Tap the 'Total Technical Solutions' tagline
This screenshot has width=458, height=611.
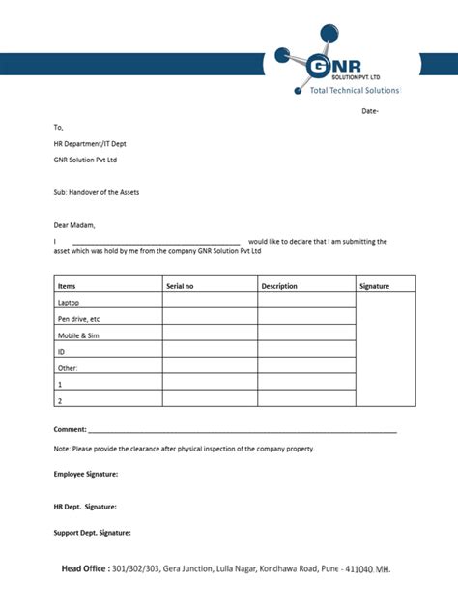(x=354, y=90)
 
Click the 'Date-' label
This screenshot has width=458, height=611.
(x=370, y=111)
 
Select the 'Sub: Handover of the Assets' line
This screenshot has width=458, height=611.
(x=97, y=192)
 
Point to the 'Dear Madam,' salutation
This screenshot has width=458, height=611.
(x=75, y=225)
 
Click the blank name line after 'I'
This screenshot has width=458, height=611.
(x=156, y=242)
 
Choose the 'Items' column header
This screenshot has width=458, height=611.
(x=67, y=286)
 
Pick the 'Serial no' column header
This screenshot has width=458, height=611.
(x=180, y=286)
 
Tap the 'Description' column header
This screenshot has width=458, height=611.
(x=279, y=286)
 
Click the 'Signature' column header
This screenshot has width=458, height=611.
(x=374, y=286)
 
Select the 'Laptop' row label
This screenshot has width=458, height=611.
(x=69, y=303)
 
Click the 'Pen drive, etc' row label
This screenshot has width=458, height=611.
(x=78, y=318)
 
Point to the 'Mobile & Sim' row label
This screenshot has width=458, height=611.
(x=78, y=335)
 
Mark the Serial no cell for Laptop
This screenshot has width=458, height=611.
(x=210, y=303)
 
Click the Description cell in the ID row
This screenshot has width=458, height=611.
(x=306, y=351)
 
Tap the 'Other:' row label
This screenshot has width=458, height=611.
(x=68, y=367)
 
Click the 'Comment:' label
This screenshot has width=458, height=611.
(x=71, y=428)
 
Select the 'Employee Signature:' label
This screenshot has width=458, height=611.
(x=86, y=474)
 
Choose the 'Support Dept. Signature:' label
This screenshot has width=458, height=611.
(x=93, y=533)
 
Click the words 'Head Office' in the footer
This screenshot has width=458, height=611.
(x=85, y=569)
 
